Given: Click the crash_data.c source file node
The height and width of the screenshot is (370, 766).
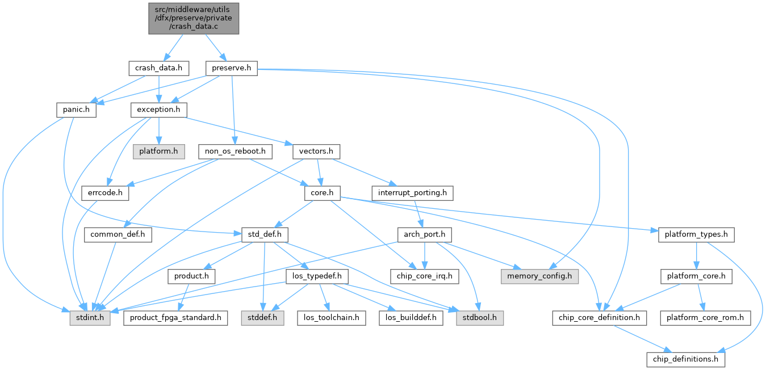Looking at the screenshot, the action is click(194, 19).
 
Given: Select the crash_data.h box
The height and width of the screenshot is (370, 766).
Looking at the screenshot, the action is click(158, 68).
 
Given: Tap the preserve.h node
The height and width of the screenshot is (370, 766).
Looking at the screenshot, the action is click(232, 68).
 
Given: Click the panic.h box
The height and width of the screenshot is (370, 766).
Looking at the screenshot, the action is click(76, 110).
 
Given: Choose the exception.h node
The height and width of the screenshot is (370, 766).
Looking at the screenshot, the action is click(158, 110).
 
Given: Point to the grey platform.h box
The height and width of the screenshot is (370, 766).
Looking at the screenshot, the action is click(158, 152).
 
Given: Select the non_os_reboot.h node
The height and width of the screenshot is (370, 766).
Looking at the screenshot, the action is click(235, 152).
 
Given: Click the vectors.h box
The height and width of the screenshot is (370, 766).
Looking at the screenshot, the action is click(316, 152).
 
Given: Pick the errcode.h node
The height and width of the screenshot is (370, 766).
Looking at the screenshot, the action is click(105, 193).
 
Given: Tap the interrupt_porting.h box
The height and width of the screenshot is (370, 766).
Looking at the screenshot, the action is click(412, 193).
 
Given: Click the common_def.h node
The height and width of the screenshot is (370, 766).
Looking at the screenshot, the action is click(118, 235).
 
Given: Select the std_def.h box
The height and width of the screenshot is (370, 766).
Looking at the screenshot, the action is click(265, 235).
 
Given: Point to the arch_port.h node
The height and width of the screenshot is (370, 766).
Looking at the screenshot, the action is click(425, 235).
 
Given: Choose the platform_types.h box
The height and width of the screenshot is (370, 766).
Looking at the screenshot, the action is click(696, 235).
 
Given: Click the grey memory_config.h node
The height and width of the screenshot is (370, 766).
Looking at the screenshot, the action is click(539, 276).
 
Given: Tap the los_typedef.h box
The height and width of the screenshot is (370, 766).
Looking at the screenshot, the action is click(317, 276).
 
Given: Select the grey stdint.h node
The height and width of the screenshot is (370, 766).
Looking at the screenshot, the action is click(90, 318).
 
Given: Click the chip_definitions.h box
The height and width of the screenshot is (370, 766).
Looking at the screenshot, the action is click(685, 359).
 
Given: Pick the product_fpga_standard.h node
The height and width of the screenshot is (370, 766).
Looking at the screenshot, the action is click(175, 318).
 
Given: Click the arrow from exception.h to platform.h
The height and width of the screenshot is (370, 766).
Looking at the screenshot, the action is click(158, 131).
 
